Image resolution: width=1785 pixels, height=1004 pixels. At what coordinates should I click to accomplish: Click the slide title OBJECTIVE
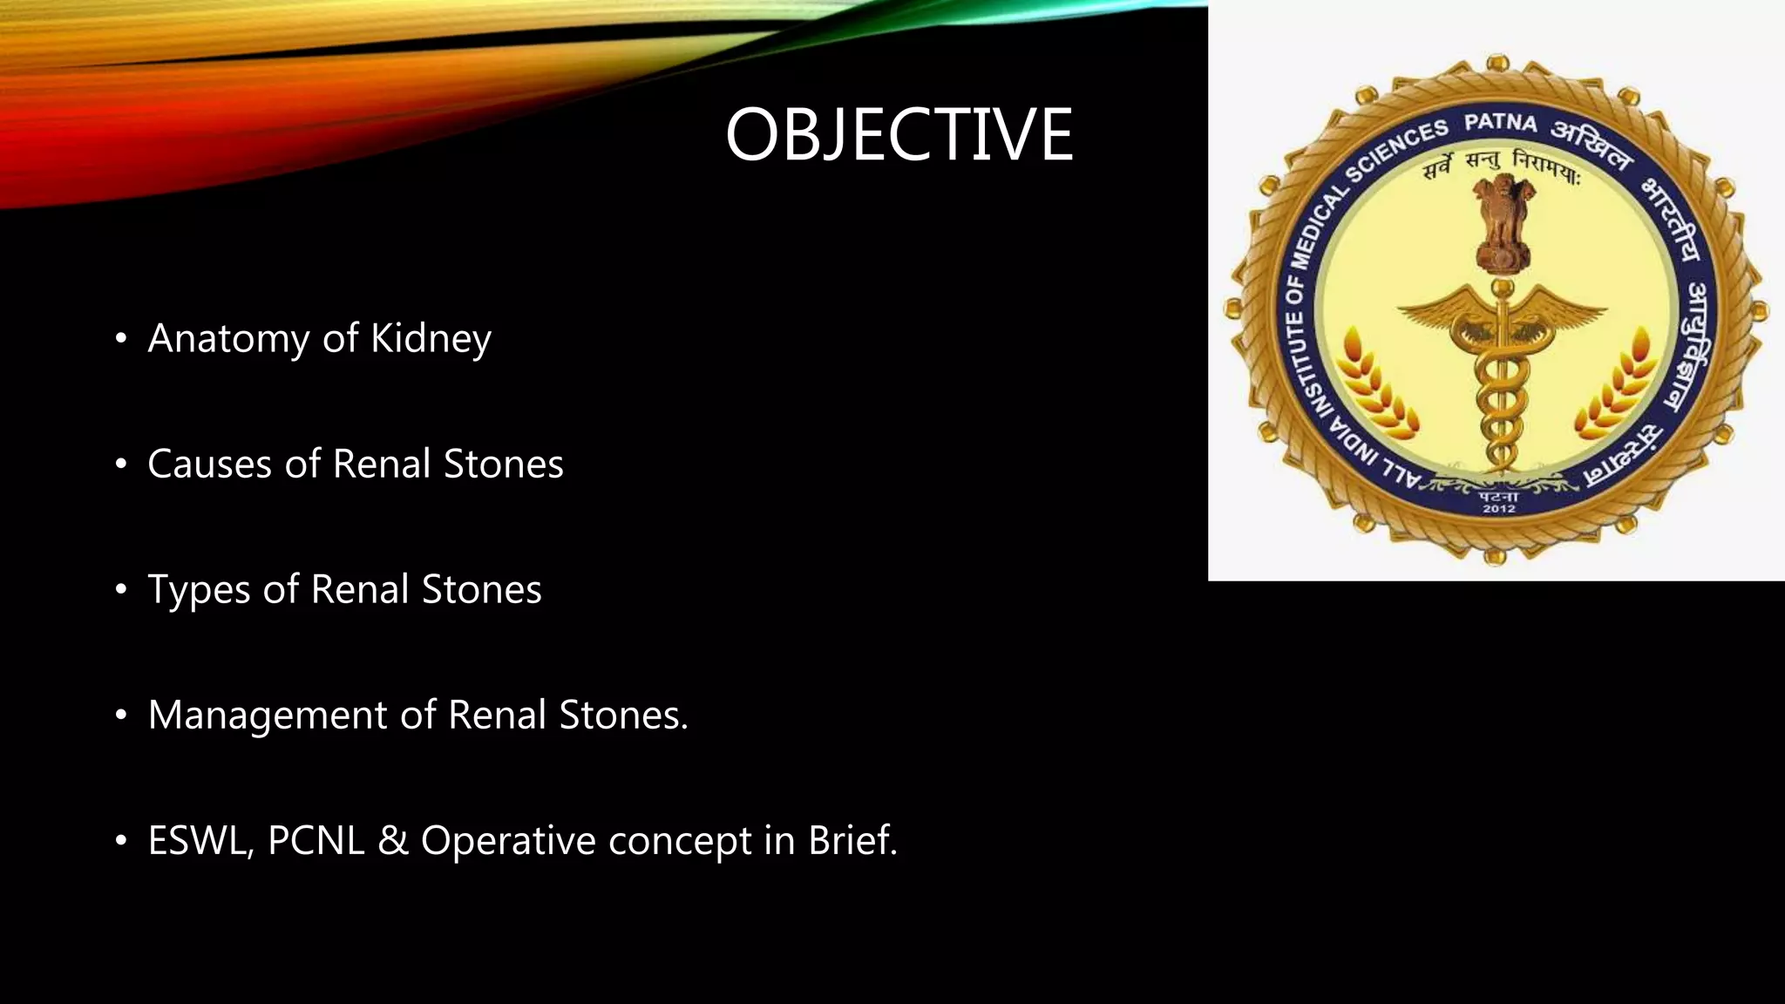[x=899, y=134]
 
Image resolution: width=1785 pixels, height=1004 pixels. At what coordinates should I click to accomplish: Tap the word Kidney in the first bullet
[x=431, y=338]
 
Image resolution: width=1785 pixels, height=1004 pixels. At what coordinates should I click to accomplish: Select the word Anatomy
[x=228, y=338]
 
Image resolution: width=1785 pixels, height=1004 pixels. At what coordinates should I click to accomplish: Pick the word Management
[x=268, y=715]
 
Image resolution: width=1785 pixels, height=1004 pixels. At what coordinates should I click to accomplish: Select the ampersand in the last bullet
[x=393, y=840]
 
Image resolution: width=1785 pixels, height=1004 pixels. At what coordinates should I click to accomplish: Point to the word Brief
[x=852, y=840]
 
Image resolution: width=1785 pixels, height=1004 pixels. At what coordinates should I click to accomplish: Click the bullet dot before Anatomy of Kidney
[x=121, y=338]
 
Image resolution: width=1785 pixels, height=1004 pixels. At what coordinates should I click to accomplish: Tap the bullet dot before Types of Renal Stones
[x=121, y=589]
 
